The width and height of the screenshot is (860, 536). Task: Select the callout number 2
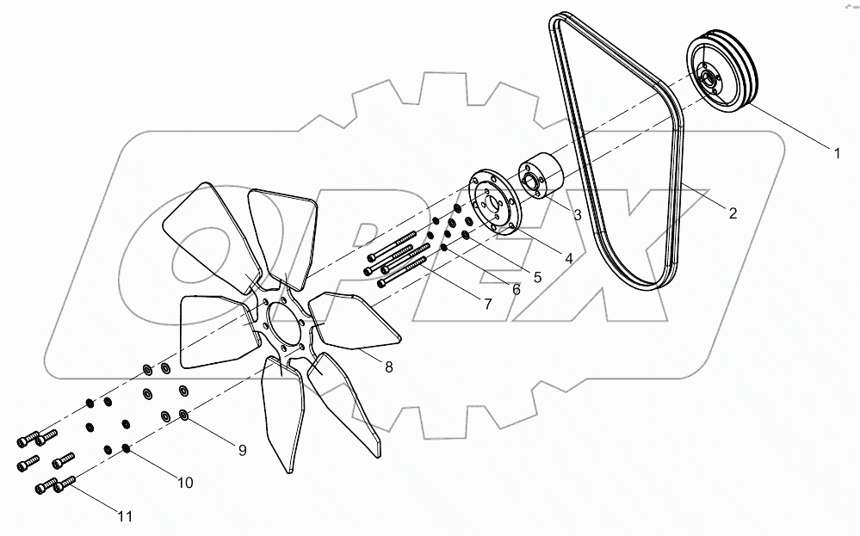point(733,213)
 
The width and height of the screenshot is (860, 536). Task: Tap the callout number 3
point(577,214)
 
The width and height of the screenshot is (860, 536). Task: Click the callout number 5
point(536,277)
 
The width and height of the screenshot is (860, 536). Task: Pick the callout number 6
point(516,290)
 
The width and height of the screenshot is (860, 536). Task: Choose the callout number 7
point(487,304)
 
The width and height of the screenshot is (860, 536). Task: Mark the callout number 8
point(388,367)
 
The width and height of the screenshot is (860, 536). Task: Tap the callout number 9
point(242,448)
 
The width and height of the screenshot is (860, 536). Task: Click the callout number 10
point(185,483)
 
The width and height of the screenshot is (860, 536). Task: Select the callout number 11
point(126,516)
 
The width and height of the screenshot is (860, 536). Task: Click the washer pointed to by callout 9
point(184,416)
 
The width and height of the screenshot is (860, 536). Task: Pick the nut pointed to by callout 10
point(127,447)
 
